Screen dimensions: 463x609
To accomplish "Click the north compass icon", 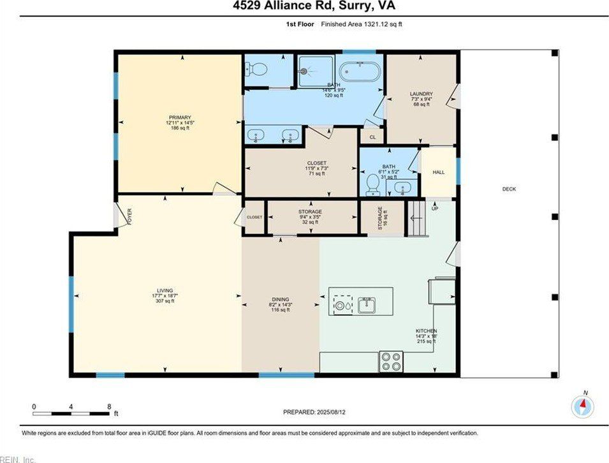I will coord(583,406).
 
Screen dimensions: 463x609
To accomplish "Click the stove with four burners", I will coord(392,362).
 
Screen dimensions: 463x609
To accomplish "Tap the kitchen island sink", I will coord(367,305).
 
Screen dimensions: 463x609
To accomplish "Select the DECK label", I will coord(508,189).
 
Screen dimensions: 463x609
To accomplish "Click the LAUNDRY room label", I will coord(421,94).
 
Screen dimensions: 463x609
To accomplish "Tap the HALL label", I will coord(438,172).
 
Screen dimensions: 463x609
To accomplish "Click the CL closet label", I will coord(372,136).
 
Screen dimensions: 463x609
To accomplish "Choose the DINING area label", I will coord(281,299).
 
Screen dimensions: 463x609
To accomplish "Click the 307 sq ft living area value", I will coord(165,301).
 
